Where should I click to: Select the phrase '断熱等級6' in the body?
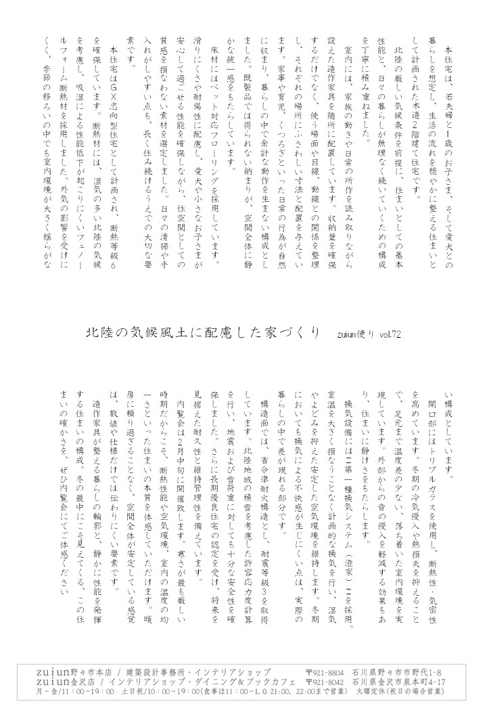[112, 236]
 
